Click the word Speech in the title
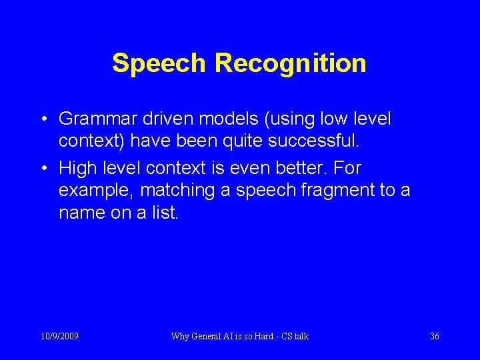click(160, 63)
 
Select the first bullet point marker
click(42, 120)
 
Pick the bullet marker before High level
click(42, 168)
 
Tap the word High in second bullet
click(77, 167)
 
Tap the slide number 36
click(434, 336)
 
